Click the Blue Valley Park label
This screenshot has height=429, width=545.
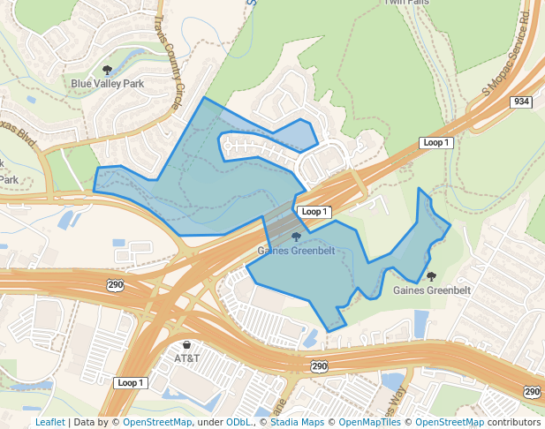(107, 84)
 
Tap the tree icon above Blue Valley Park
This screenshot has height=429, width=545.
(108, 70)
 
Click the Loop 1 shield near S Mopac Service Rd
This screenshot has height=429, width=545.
(436, 142)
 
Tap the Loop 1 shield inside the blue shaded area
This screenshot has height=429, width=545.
(314, 212)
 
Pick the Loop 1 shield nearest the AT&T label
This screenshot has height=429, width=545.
(129, 382)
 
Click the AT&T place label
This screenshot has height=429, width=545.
(187, 358)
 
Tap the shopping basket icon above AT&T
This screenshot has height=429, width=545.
(186, 344)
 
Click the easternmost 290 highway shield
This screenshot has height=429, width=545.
(532, 391)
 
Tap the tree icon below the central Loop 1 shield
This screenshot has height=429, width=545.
(296, 237)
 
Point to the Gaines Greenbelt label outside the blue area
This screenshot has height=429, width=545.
(432, 290)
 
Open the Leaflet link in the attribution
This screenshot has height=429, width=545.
(50, 422)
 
